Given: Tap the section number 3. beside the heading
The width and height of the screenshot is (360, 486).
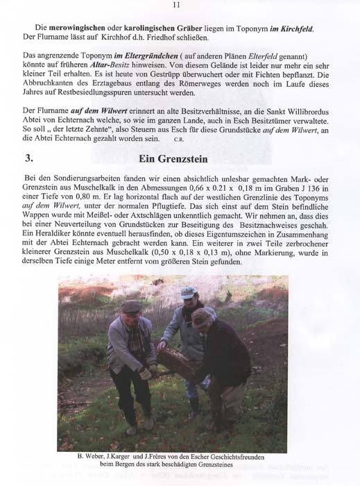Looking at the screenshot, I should click(x=28, y=158).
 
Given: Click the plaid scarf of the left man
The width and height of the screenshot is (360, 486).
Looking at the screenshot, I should click(x=135, y=330).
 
